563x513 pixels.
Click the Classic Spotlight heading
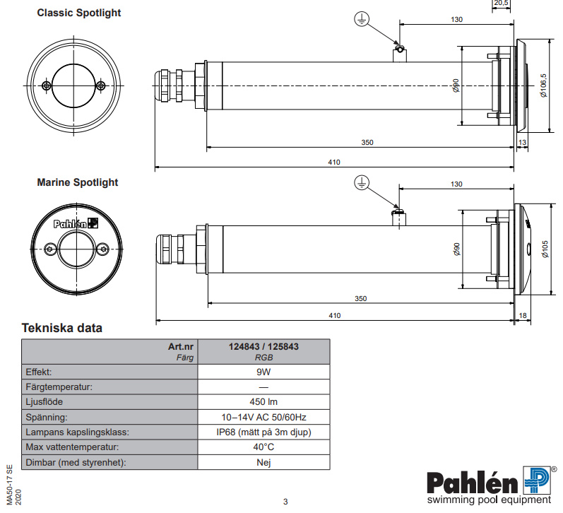[78, 13]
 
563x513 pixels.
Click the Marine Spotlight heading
[78, 182]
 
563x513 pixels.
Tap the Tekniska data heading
[62, 328]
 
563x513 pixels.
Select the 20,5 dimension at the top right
[500, 4]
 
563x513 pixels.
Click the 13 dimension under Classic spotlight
[522, 143]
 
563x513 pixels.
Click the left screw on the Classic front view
[46, 85]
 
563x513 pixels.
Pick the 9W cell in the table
[263, 370]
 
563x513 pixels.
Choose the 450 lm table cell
[263, 401]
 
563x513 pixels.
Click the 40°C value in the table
[263, 447]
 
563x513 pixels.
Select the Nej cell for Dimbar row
[263, 463]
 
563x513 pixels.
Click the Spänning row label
[47, 417]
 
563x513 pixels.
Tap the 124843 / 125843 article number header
[263, 347]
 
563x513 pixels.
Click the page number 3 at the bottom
[285, 502]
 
